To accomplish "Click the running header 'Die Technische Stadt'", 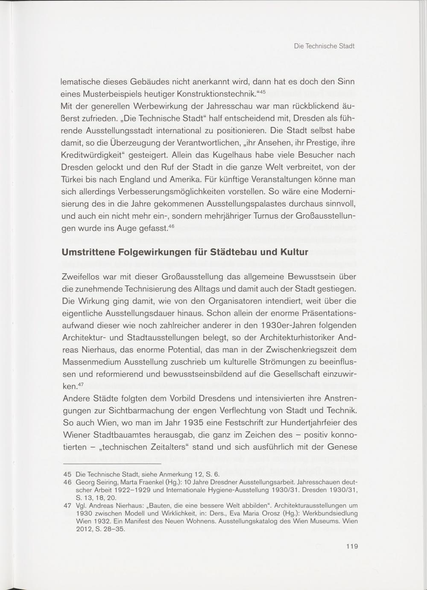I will click(x=324, y=46).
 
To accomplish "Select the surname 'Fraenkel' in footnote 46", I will click(x=149, y=482).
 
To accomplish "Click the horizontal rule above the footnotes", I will click(x=111, y=464).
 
